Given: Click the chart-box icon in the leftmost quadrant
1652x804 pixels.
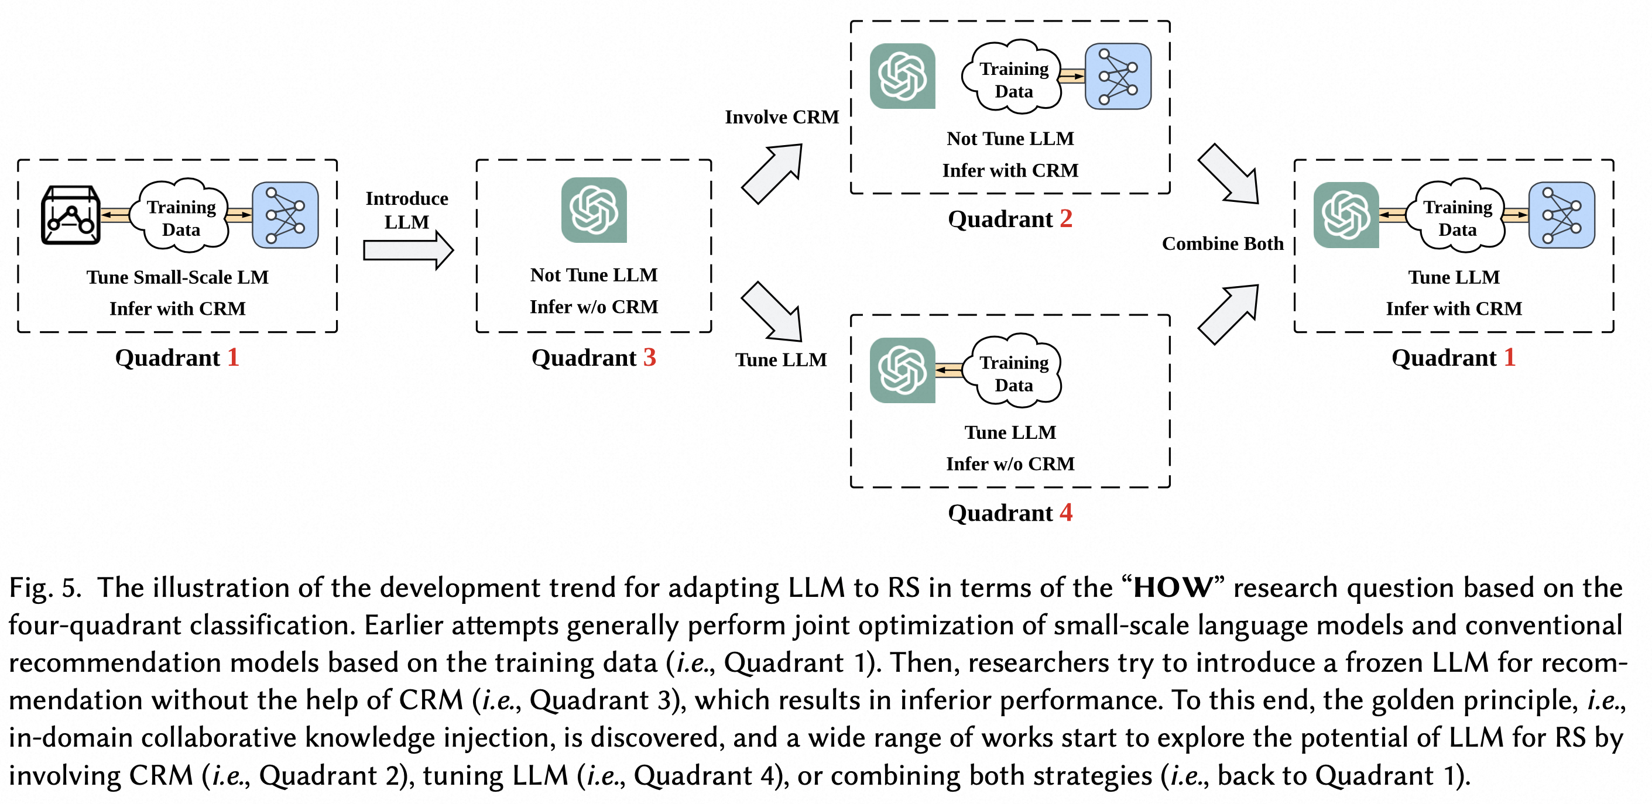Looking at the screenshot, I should [x=71, y=215].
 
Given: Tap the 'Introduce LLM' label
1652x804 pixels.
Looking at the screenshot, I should [x=407, y=210].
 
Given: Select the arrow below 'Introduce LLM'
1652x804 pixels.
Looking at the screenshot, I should [x=409, y=250].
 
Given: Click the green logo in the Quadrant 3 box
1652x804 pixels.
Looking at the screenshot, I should [x=594, y=210].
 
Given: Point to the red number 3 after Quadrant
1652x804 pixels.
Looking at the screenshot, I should [x=650, y=358].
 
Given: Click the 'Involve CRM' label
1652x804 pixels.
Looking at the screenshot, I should [x=782, y=118].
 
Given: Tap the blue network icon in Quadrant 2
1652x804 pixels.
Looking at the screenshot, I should [x=1118, y=76].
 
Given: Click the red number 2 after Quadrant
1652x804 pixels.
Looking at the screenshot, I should [x=1066, y=219].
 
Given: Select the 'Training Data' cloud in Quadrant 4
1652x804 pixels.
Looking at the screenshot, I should [x=1014, y=371].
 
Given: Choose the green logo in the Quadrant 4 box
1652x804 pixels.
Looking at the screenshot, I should [x=902, y=370].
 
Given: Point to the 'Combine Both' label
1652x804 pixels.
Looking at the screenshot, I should [x=1222, y=243].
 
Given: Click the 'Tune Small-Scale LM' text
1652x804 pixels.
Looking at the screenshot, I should [x=177, y=277].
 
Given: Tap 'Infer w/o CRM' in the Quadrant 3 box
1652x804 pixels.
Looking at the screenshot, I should [x=594, y=307].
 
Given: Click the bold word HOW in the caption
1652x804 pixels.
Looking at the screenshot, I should [x=1173, y=588].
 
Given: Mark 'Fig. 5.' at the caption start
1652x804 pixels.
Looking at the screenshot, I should [x=45, y=588].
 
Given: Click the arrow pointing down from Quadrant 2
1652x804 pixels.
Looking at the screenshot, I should [x=1228, y=174].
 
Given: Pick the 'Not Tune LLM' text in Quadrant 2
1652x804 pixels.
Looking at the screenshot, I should [x=1010, y=139].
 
